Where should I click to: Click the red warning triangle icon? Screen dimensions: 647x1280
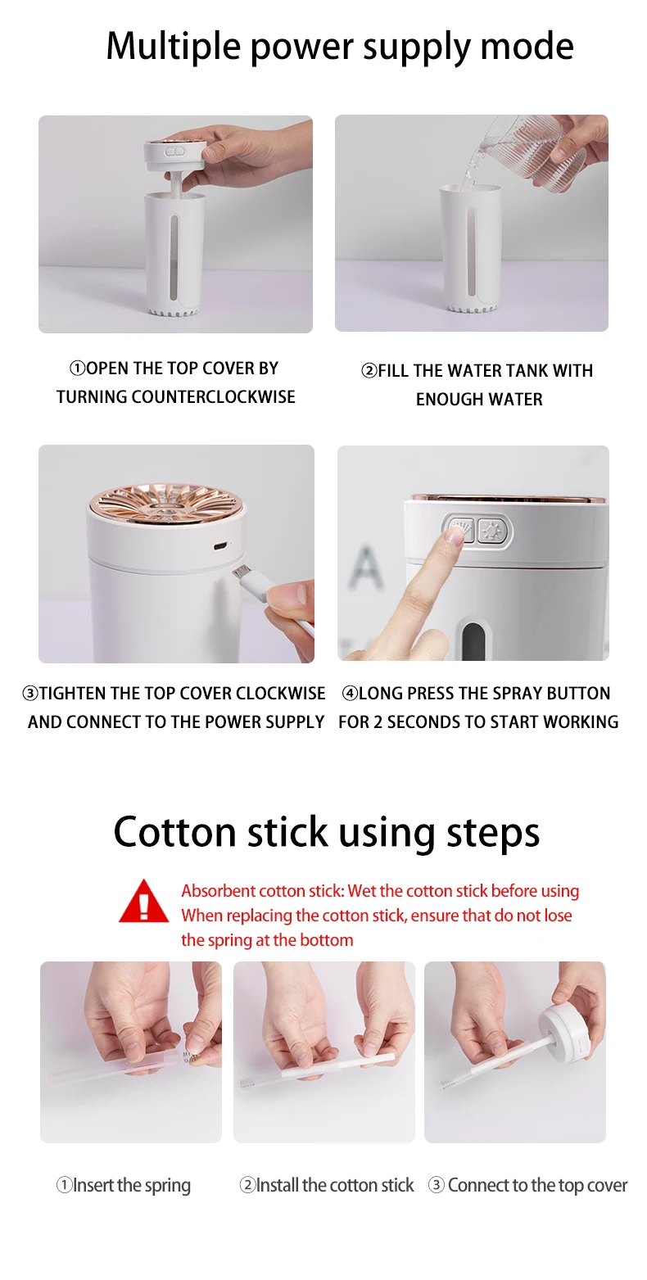click(143, 902)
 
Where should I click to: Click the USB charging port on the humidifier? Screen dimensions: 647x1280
click(219, 546)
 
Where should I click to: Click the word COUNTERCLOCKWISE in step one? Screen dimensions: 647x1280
click(213, 396)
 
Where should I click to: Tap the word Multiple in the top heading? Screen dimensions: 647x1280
click(173, 47)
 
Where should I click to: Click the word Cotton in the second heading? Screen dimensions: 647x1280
click(175, 831)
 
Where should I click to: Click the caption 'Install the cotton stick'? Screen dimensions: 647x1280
click(326, 1186)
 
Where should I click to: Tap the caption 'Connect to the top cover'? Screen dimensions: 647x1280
click(528, 1186)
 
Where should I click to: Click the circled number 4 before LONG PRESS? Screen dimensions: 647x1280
click(350, 693)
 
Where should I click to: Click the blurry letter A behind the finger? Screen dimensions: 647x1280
click(364, 568)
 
